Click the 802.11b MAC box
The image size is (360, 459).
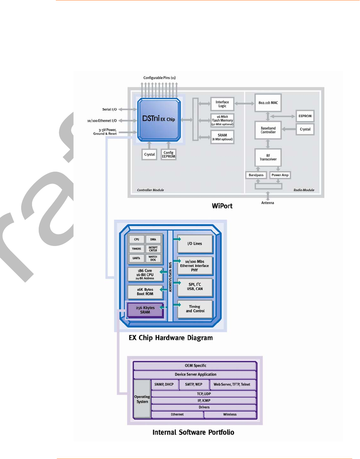pos(268,103)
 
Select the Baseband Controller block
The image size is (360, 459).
pos(268,130)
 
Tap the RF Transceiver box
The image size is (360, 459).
pos(268,157)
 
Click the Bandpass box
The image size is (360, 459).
pos(256,175)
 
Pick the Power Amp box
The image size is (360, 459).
pos(280,175)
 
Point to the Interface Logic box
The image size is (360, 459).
pos(222,104)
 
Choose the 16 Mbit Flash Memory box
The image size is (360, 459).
pos(222,120)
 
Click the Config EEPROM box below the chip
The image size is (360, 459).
pos(169,154)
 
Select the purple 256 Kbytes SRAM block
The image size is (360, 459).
pos(145,310)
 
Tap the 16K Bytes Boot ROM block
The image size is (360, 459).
pos(145,292)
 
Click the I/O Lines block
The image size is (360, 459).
pos(195,244)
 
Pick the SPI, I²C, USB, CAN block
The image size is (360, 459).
pos(195,287)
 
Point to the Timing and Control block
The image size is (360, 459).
pos(195,309)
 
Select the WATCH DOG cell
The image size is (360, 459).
pos(153,258)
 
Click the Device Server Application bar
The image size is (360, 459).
pos(195,374)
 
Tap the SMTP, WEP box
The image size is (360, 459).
pos(194,384)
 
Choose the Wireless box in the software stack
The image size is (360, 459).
pos(230,414)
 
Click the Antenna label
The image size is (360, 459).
pos(268,203)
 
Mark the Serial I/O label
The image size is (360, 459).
pos(109,109)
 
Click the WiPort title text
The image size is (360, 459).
pos(222,206)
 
